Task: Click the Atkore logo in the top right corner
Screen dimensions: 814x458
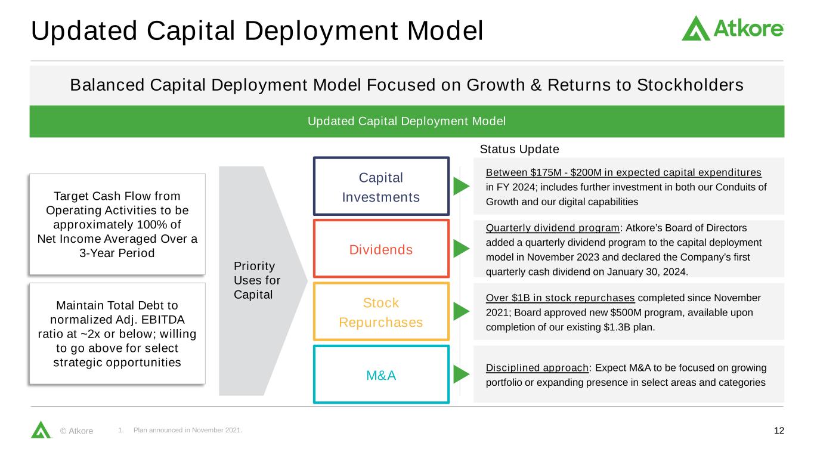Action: (x=732, y=29)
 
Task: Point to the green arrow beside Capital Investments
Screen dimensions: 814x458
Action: (x=461, y=186)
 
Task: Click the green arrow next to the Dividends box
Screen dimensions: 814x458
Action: (x=461, y=249)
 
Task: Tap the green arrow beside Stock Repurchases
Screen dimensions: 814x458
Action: (x=461, y=311)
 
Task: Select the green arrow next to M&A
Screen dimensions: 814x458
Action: (x=461, y=375)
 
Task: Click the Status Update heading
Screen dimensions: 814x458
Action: (x=519, y=149)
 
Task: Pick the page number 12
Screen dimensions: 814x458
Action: (x=779, y=431)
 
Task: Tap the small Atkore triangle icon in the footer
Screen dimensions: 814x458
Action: (x=41, y=429)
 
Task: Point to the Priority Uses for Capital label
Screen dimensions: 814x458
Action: (x=257, y=280)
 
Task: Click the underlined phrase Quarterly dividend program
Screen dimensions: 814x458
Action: (x=552, y=228)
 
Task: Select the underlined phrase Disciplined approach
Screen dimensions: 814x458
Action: (x=537, y=368)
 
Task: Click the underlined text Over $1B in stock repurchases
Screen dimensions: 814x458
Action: (x=560, y=298)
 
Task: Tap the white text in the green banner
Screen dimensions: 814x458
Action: (x=407, y=121)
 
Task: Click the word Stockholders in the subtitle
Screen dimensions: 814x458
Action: (x=690, y=85)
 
